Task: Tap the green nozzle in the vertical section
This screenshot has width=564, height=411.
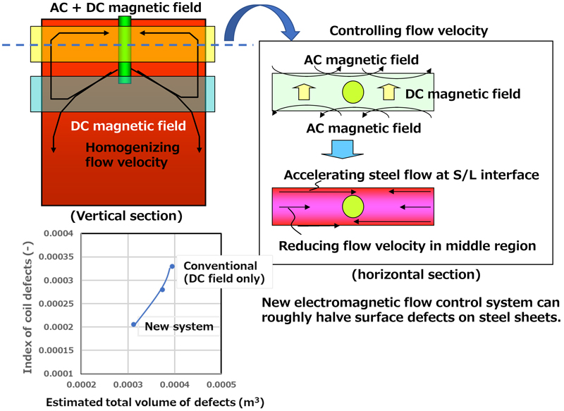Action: coord(125,49)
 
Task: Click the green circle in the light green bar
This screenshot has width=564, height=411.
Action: coord(352,92)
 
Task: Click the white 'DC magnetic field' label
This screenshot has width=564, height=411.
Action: coord(128,127)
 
